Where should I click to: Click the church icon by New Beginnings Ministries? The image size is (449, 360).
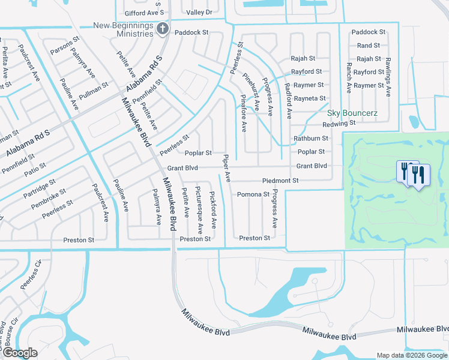(161, 29)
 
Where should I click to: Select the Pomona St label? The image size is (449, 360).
(253, 194)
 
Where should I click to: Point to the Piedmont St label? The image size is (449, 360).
(280, 181)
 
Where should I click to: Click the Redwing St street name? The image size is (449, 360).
(339, 124)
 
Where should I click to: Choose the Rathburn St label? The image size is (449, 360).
(311, 139)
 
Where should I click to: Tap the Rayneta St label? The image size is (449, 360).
(310, 98)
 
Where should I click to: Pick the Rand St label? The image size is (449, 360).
(368, 46)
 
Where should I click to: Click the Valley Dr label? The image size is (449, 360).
(199, 12)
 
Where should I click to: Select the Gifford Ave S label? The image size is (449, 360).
(144, 13)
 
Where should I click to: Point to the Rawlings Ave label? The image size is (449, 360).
(388, 77)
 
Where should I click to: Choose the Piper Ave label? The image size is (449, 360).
(227, 167)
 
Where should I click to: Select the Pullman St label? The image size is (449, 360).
(94, 89)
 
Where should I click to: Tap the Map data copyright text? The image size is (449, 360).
(412, 355)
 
